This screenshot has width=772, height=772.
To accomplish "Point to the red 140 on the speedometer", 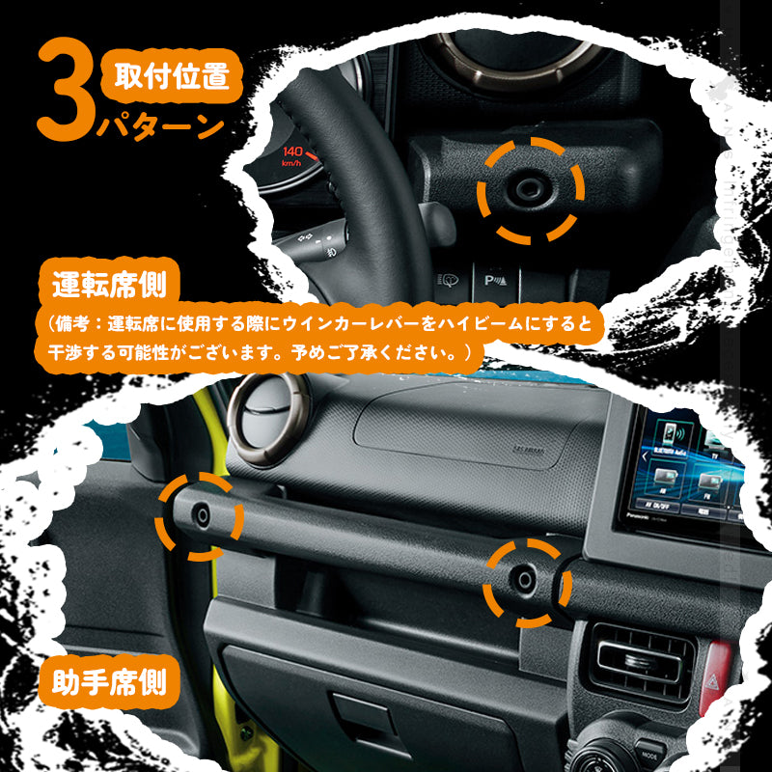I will [x=294, y=152].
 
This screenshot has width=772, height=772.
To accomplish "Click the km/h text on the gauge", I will [x=291, y=164].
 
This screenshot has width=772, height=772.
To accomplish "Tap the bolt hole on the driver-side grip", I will [x=529, y=189].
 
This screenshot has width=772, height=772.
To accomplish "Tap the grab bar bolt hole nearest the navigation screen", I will [x=522, y=578].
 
